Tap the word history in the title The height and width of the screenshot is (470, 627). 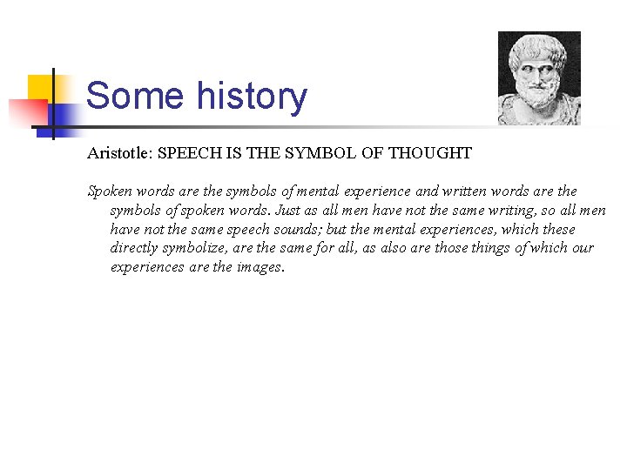252,96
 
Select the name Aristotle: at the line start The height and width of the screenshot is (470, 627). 119,153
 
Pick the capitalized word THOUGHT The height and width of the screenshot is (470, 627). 430,153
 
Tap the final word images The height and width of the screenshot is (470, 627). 260,268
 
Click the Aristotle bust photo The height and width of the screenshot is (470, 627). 539,78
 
